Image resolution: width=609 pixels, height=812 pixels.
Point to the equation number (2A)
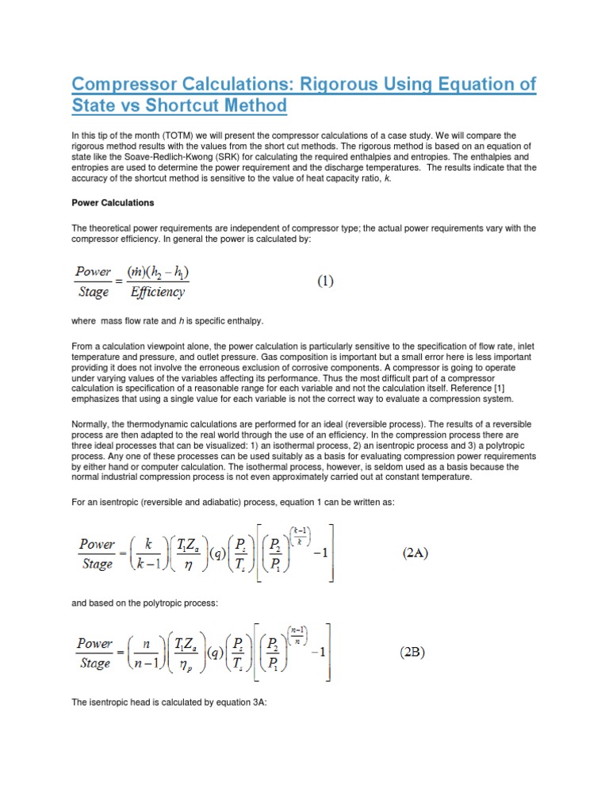pyautogui.click(x=416, y=553)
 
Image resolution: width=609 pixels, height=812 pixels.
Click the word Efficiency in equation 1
pyautogui.click(x=158, y=293)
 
